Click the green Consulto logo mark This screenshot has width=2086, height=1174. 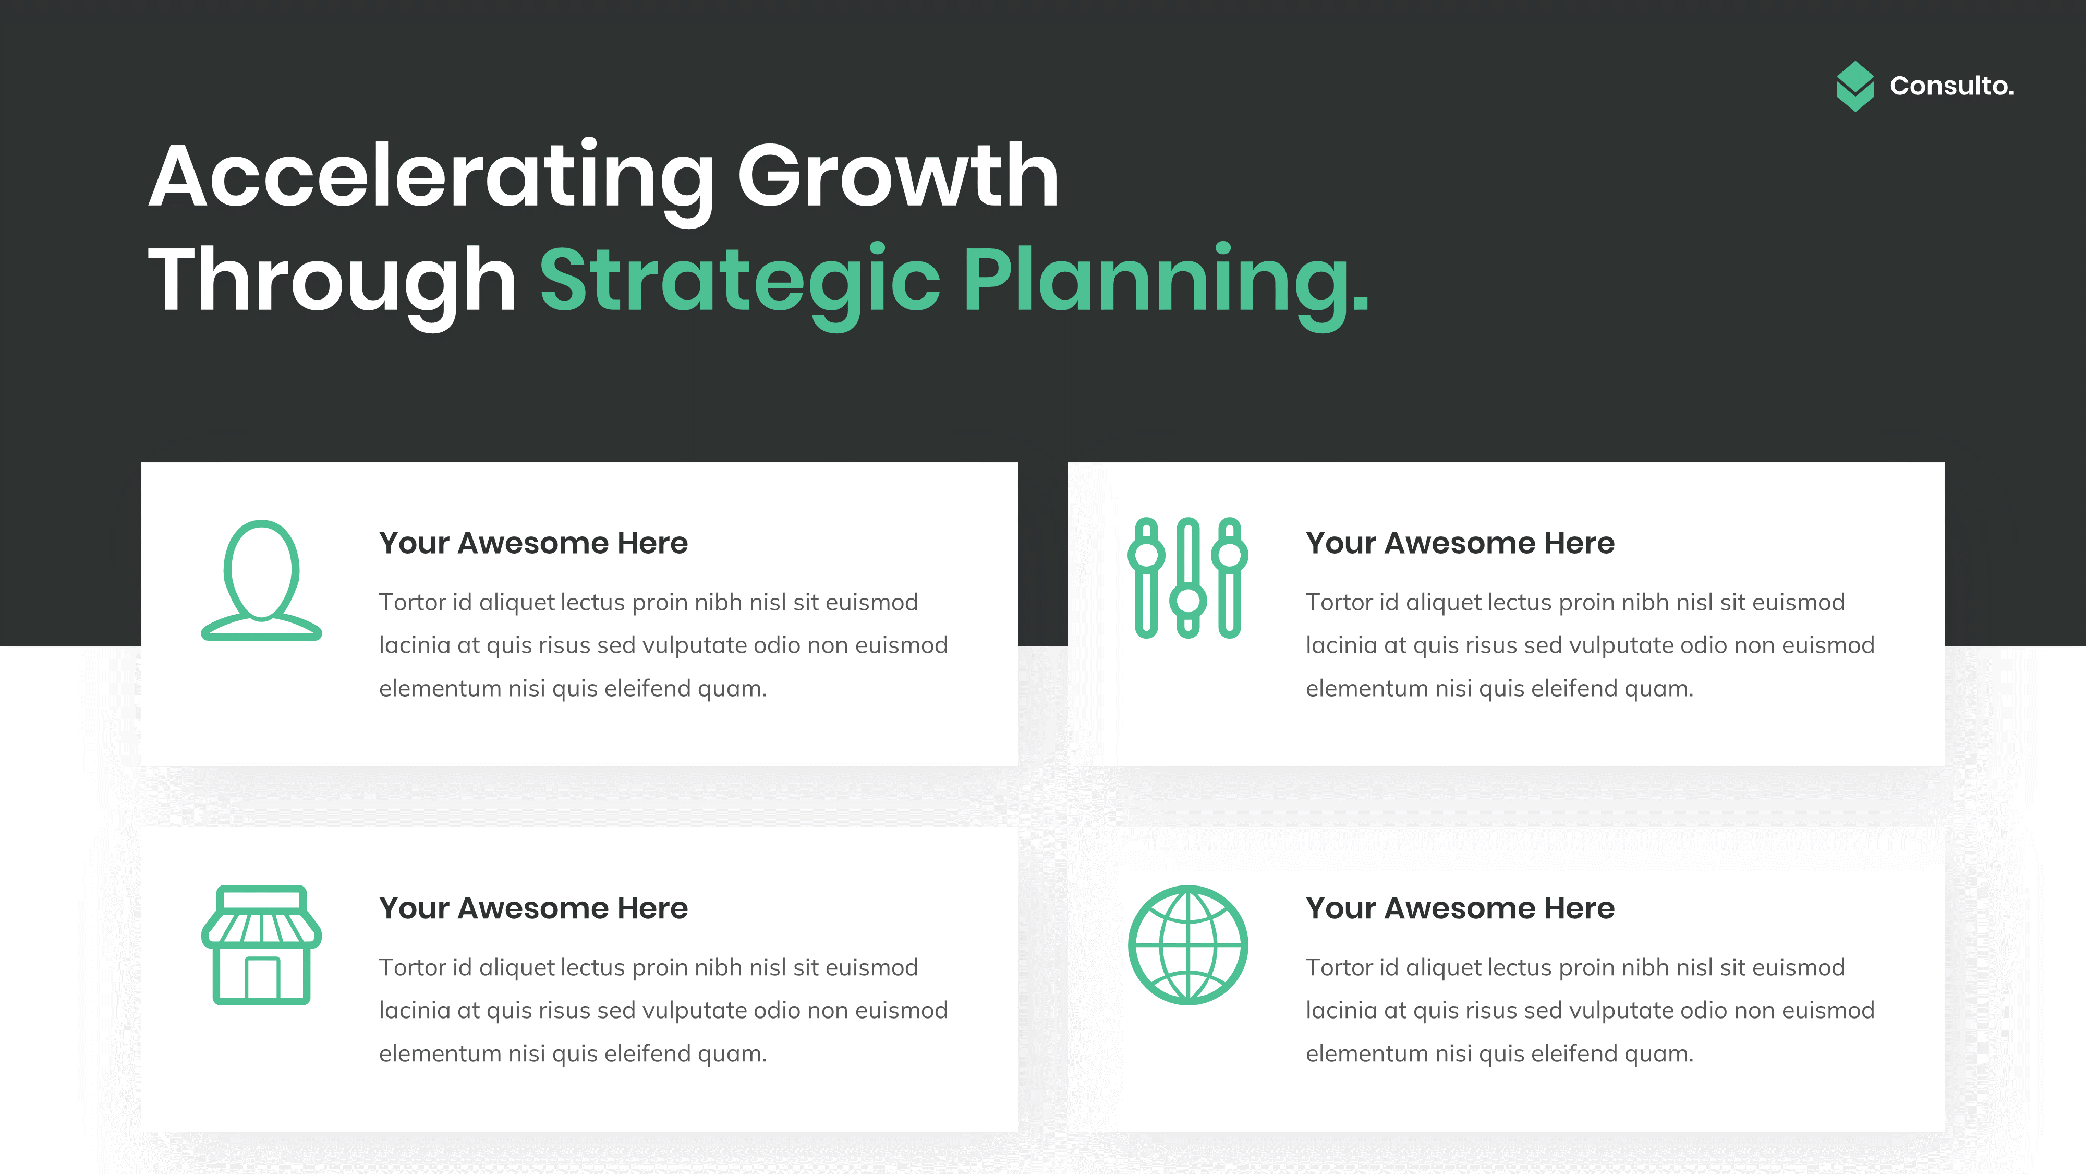1854,86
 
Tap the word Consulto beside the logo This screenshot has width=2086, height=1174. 1951,86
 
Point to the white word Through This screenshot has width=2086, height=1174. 332,280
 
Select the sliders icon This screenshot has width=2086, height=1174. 1188,578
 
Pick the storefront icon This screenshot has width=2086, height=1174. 262,945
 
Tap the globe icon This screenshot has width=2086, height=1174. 1188,945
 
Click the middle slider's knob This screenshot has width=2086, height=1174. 1188,601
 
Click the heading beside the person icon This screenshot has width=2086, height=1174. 533,543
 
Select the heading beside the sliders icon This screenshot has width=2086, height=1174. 1459,543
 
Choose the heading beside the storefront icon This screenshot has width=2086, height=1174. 533,908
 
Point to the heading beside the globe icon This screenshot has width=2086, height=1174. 1459,908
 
